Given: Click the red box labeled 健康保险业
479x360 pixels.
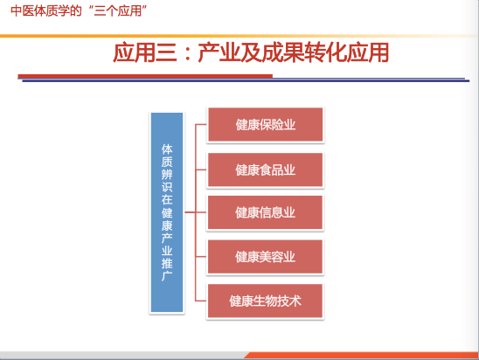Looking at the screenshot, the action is pos(265,125).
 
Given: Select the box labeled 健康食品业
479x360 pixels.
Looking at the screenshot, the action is pos(265,170).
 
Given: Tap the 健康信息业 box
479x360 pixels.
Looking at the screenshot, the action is pos(265,212).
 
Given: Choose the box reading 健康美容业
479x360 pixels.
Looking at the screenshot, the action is pos(265,257).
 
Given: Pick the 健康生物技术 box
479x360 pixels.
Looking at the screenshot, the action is pos(265,301).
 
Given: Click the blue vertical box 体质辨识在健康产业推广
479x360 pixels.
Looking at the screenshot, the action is pos(167,212).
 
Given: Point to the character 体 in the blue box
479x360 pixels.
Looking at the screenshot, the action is pos(167,149).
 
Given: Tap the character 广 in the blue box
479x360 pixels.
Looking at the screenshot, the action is pos(167,276).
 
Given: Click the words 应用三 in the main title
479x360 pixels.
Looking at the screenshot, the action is pos(145,52).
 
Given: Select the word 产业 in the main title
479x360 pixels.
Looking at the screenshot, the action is pos(219,52).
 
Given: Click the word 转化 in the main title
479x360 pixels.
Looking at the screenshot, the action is pos(326,52).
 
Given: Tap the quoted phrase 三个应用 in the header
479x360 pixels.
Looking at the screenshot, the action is pos(118,11).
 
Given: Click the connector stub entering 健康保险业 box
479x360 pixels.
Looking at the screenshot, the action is pos(201,125).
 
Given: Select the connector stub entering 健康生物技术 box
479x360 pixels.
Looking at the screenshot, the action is pos(201,301).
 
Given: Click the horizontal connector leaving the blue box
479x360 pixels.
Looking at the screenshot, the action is pos(190,212).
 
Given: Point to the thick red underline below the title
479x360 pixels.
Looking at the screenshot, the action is pos(145,76).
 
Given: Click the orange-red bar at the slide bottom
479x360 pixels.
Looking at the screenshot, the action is pos(361,356).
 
